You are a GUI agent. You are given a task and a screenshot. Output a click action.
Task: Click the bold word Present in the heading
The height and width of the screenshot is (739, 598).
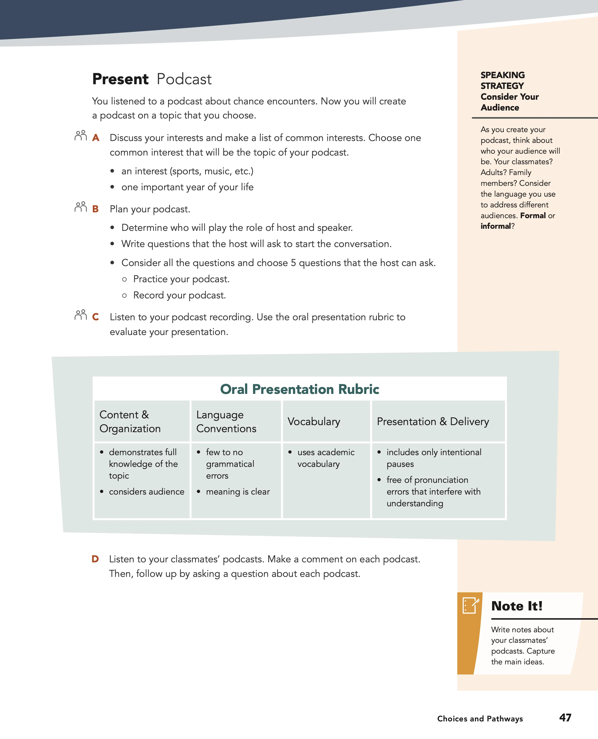120,79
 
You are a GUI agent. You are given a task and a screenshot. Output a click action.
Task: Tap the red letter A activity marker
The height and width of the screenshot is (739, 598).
96,138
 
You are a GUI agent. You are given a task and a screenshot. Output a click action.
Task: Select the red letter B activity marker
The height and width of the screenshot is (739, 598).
95,209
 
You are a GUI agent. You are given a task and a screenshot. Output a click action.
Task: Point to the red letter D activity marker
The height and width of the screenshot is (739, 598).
95,559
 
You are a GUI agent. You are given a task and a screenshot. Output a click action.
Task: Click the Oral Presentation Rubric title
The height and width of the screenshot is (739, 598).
299,389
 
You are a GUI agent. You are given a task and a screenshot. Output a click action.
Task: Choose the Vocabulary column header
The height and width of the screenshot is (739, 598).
314,421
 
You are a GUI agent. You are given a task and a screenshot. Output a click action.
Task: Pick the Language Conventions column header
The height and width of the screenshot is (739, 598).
226,421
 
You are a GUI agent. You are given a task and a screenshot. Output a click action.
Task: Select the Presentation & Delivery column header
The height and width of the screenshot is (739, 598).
433,421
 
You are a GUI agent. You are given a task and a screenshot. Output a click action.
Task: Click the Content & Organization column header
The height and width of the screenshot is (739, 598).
130,421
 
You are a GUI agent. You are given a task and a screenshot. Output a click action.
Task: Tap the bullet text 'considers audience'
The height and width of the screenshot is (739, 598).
146,492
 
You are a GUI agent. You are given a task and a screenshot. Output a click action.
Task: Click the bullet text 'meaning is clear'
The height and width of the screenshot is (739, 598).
238,492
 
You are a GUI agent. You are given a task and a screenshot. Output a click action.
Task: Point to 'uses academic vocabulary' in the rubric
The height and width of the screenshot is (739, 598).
325,458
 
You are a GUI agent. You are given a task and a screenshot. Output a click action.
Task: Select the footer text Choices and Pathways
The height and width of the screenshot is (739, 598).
480,718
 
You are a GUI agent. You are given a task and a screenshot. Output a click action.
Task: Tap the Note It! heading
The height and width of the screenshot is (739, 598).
517,606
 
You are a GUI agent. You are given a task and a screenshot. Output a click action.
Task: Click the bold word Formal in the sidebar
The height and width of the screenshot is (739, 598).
533,216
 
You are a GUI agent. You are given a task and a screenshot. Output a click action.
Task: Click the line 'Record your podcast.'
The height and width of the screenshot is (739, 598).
179,295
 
